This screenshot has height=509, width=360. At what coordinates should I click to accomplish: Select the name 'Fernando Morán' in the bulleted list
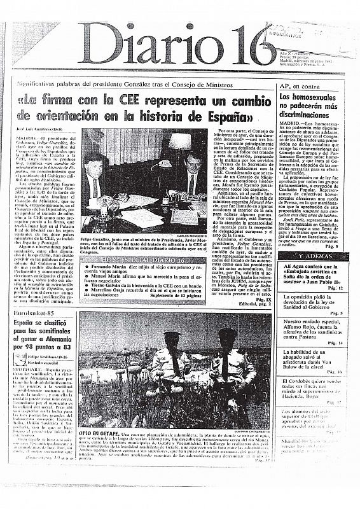[x=124, y=288]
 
